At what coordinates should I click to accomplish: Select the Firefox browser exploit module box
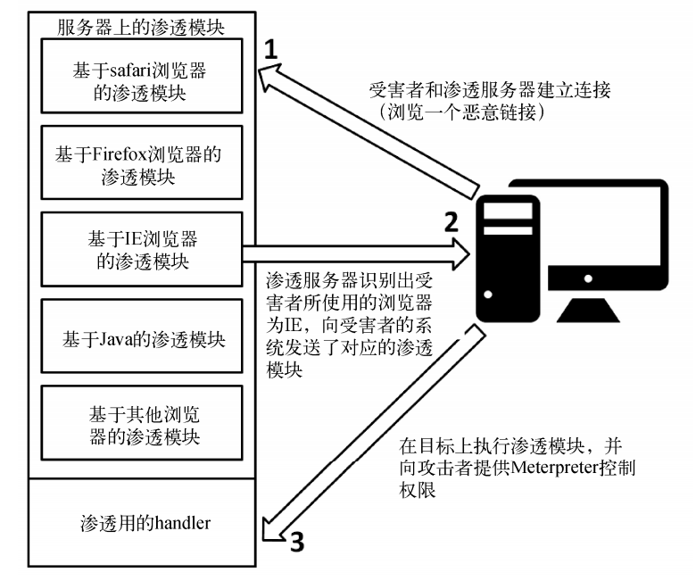[144, 164]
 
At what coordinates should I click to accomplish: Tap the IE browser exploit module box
[144, 251]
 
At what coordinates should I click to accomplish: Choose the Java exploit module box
[144, 340]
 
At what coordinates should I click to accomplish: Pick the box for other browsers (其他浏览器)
[144, 426]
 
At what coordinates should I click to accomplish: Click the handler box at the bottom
[144, 523]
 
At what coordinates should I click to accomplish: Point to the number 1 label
[276, 52]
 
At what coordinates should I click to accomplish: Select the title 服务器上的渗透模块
[139, 25]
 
